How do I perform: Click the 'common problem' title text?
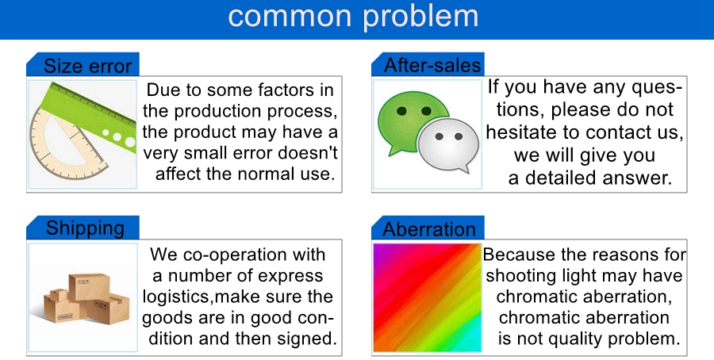(353, 17)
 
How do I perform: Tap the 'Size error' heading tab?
(83, 65)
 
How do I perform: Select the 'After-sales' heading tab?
(428, 65)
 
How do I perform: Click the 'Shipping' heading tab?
(83, 228)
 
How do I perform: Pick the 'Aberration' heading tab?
(428, 228)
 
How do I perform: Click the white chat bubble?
(448, 145)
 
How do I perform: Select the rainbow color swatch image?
(427, 297)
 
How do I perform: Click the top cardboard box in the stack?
(89, 286)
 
